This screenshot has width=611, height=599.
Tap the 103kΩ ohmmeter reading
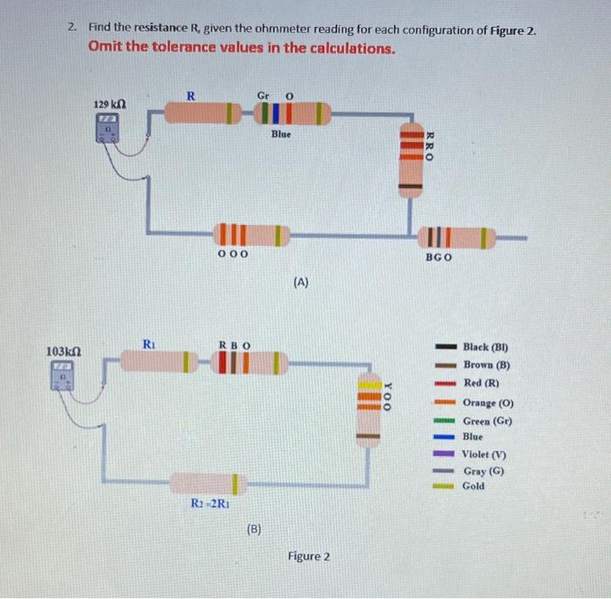pyautogui.click(x=63, y=351)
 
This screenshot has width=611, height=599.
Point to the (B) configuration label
pyautogui.click(x=254, y=528)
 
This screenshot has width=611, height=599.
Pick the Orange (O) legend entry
pyautogui.click(x=489, y=403)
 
